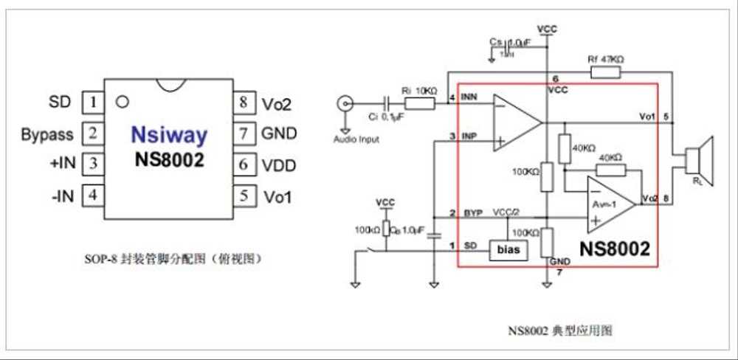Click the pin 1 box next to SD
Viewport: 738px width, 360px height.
92,101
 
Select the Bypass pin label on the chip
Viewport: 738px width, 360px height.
47,134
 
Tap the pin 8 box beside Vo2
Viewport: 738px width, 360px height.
243,102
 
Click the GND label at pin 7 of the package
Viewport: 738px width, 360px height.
278,134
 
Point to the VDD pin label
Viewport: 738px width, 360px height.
278,165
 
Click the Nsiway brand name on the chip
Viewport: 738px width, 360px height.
168,135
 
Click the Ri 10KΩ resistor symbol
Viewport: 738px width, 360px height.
419,103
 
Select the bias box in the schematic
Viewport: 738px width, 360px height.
508,249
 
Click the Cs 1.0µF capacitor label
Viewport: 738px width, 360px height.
509,44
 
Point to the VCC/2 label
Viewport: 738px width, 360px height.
506,212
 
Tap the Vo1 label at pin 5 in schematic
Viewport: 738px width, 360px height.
647,117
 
